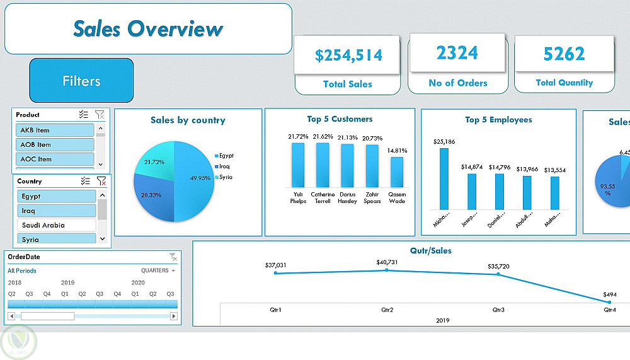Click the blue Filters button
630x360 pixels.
click(x=81, y=81)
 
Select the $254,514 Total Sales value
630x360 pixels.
click(x=348, y=55)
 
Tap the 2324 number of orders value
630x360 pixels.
click(x=457, y=53)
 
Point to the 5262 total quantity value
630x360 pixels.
click(x=564, y=54)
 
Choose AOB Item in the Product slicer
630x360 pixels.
click(x=55, y=144)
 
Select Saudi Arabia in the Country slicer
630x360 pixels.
click(x=56, y=225)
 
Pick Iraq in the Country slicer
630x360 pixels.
click(x=56, y=211)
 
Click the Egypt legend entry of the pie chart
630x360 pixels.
click(x=226, y=156)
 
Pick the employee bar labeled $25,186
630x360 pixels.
click(x=444, y=178)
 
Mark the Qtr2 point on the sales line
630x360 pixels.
click(x=387, y=270)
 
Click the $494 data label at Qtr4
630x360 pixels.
click(x=609, y=294)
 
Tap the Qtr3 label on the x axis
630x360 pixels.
click(x=498, y=310)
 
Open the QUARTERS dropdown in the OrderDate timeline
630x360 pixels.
click(x=158, y=270)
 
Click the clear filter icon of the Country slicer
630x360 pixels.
click(x=101, y=181)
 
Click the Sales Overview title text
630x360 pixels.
click(x=148, y=29)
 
